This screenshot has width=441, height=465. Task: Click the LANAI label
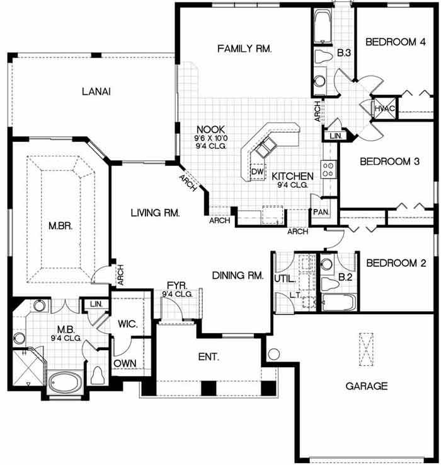click(96, 91)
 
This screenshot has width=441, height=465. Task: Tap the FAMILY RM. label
click(244, 49)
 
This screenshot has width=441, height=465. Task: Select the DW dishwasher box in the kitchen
click(257, 172)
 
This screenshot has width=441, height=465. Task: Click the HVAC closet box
click(384, 109)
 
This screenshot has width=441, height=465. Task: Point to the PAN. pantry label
click(321, 212)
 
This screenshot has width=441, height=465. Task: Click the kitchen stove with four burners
click(328, 169)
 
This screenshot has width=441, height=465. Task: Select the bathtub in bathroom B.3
click(322, 26)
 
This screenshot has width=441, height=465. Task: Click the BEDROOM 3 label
click(389, 162)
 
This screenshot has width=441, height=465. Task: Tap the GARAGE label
click(367, 386)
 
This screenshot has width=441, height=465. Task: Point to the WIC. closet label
click(128, 324)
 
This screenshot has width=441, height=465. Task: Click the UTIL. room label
click(285, 279)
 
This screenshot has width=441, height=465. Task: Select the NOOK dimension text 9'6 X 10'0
click(211, 138)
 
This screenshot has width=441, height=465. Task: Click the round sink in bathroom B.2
click(327, 264)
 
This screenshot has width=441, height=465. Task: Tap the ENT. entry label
click(209, 356)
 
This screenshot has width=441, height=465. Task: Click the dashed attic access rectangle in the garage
click(367, 350)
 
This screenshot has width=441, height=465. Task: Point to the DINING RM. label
click(238, 276)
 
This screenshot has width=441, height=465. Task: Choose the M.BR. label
click(60, 226)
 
